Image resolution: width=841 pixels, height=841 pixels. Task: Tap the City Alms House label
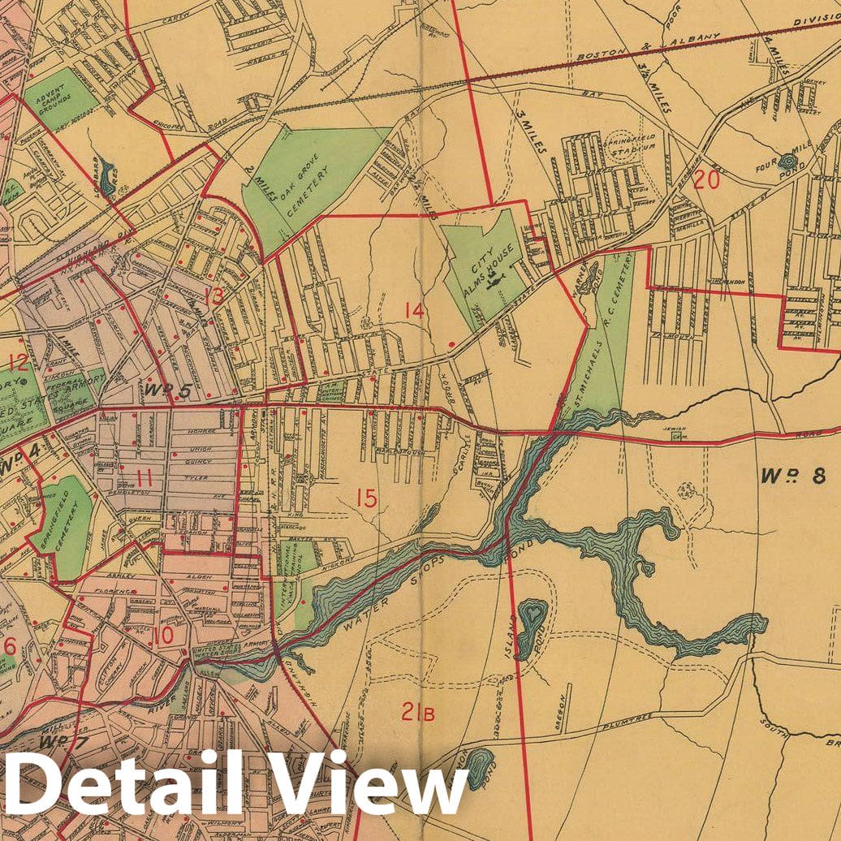coord(485,269)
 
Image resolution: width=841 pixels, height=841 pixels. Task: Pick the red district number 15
coord(366,498)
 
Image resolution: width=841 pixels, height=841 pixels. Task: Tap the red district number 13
coord(213,297)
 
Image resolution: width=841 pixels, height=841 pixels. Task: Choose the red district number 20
coord(706,180)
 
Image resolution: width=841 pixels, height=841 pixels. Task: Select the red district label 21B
coord(417,714)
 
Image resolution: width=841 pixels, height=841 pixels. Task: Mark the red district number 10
coord(162,636)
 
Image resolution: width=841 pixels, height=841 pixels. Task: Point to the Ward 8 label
coord(793,475)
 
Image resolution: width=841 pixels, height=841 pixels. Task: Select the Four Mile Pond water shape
coord(787,162)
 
